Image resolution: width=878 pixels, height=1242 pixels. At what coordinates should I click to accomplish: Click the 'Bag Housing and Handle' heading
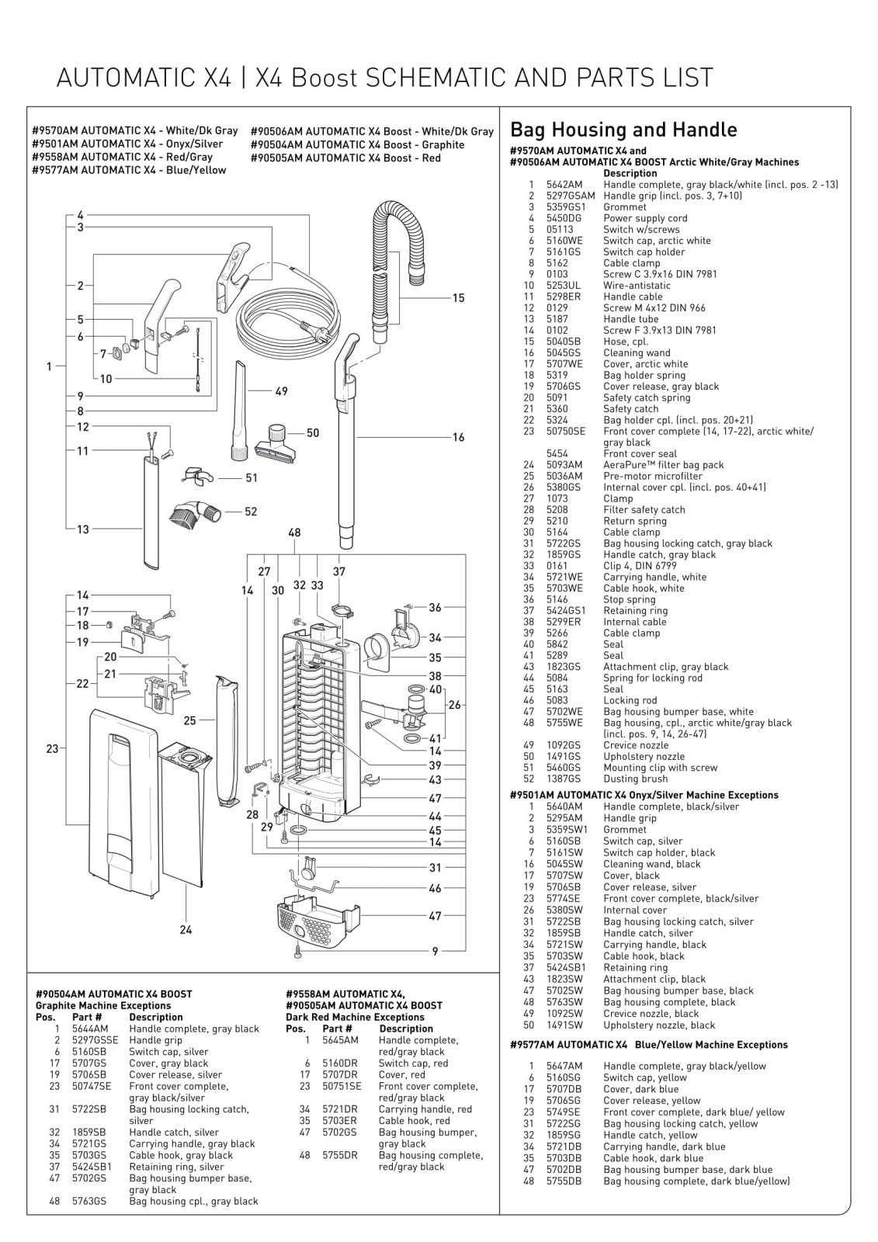point(623,130)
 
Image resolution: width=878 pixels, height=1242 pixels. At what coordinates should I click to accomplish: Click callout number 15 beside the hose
point(458,298)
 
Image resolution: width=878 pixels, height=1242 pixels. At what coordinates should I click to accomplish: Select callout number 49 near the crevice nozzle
point(281,391)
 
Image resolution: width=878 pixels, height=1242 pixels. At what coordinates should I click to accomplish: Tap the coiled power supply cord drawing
point(287,314)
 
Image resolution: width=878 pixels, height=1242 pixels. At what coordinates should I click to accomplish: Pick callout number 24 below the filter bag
point(186,930)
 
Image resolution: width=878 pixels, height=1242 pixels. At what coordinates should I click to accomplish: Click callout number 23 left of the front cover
point(52,749)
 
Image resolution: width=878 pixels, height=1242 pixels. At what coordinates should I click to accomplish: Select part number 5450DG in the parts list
point(564,218)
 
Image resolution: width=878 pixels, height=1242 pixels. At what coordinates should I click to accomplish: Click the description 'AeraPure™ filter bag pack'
point(663,465)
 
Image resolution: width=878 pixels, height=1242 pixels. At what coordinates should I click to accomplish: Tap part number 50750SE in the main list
point(566,432)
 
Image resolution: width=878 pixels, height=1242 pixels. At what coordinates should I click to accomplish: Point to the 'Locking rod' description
point(630,700)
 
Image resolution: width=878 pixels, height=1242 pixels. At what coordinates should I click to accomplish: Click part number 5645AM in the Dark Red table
point(341,1040)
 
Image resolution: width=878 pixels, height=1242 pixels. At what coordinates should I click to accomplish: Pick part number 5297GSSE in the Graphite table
point(95,1040)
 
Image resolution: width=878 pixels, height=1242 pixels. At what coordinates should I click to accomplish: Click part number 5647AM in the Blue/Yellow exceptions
point(564,1067)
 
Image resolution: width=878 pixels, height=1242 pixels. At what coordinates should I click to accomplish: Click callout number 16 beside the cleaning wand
point(458,438)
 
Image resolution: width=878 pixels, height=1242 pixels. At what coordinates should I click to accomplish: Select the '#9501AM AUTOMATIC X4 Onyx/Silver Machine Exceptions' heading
point(644,795)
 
